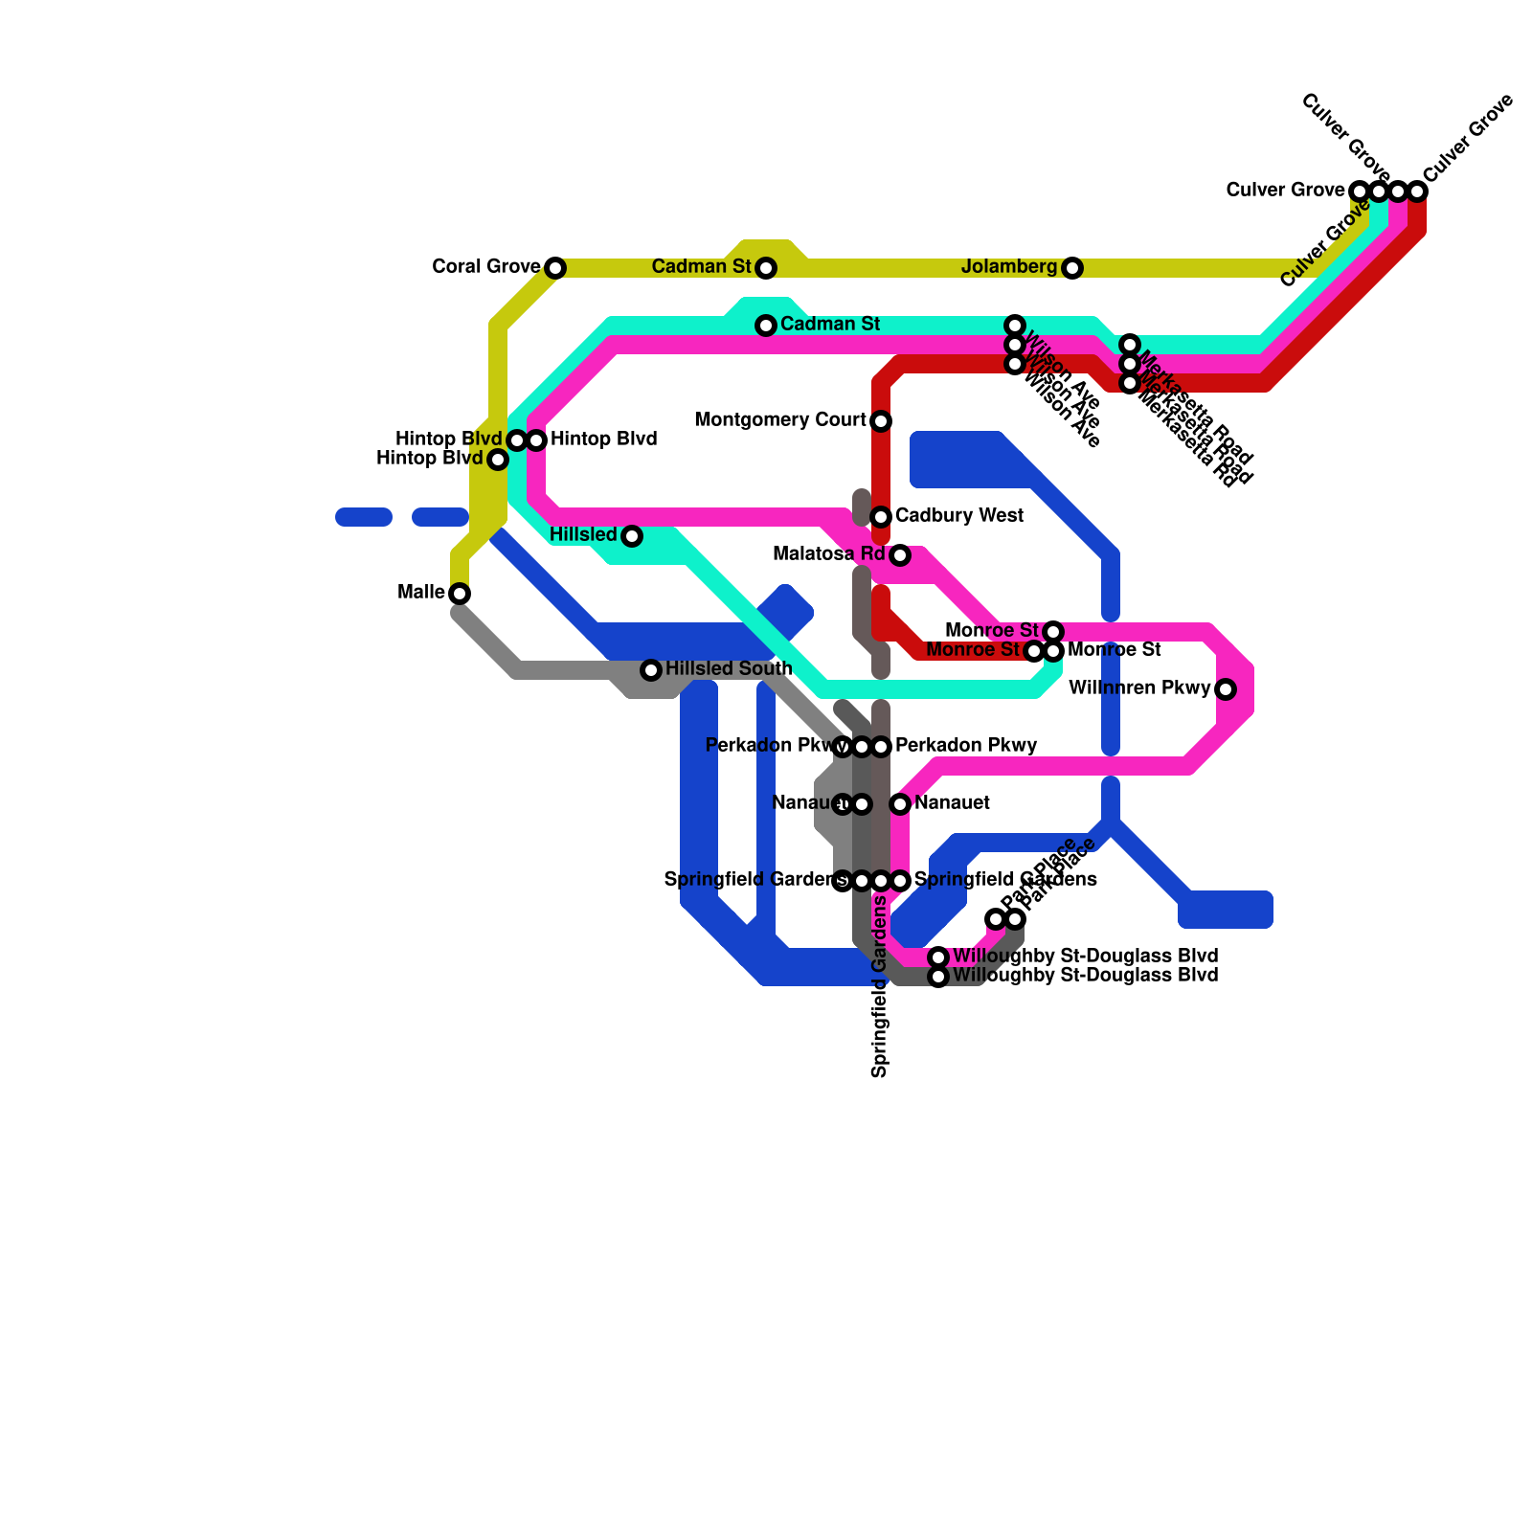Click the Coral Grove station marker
pos(555,268)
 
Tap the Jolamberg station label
pos(1009,267)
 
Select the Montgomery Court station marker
pos(881,421)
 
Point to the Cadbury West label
pos(959,516)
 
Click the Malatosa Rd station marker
pos(900,555)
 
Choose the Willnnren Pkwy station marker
pos(1226,689)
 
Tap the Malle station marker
pos(460,594)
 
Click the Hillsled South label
pos(729,668)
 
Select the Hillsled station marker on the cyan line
pos(632,536)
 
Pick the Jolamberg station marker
pos(1072,268)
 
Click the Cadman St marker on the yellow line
pos(766,268)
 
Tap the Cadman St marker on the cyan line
pos(766,326)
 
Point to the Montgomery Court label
pos(780,420)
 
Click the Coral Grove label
pos(486,267)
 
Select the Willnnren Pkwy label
pos(1139,688)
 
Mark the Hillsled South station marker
pos(651,670)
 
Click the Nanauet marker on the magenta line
pos(900,804)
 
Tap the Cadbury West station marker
pos(881,517)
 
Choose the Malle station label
pos(421,593)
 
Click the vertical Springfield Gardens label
pos(880,986)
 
